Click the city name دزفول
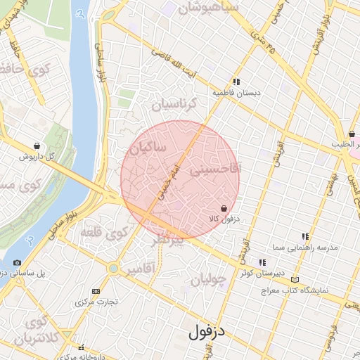(206, 331)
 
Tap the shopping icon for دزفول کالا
(224, 208)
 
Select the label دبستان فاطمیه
(237, 92)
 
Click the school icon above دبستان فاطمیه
(237, 82)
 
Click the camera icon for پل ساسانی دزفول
(17, 262)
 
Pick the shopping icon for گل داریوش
(37, 146)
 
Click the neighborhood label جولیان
(209, 279)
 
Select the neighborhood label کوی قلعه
(103, 231)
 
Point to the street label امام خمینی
(175, 176)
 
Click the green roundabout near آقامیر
(113, 268)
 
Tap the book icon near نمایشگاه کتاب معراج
(295, 280)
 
